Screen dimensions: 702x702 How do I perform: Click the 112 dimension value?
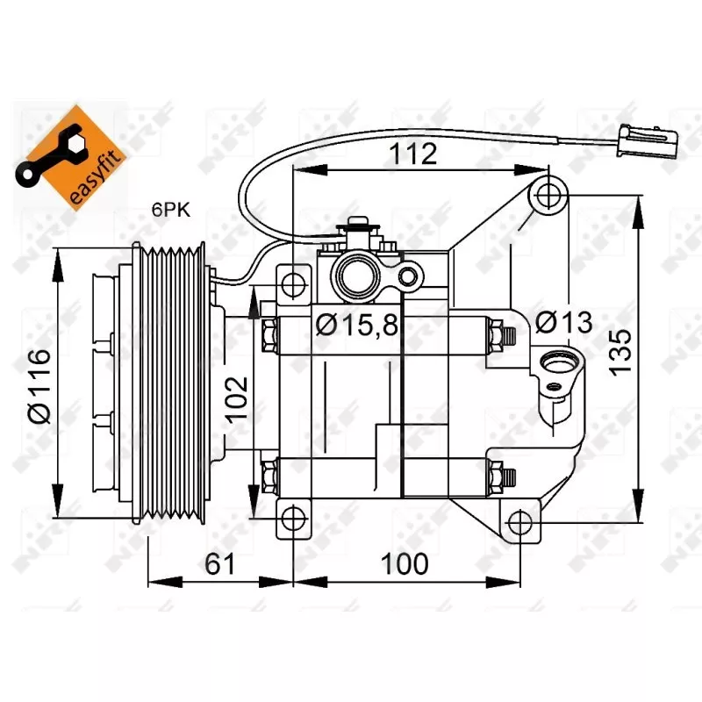click(414, 154)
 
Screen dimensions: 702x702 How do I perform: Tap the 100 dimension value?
click(405, 563)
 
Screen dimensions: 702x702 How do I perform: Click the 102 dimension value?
click(235, 398)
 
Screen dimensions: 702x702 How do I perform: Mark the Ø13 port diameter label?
click(563, 322)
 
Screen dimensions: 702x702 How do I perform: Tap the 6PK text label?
click(170, 209)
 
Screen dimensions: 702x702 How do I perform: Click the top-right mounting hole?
click(549, 194)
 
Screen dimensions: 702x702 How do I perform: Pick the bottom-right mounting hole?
click(520, 522)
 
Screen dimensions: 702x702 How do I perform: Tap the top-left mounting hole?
click(293, 283)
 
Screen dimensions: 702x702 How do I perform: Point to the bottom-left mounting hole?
click(293, 519)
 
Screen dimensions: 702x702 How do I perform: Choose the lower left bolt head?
click(269, 478)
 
